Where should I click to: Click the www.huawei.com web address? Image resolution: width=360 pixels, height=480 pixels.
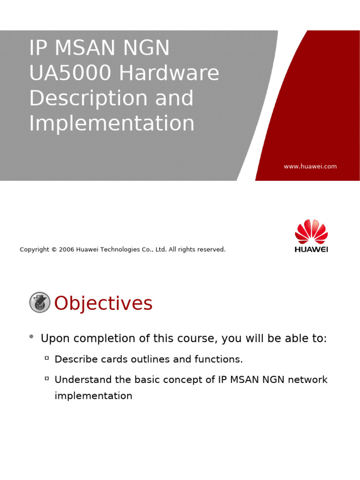click(x=310, y=166)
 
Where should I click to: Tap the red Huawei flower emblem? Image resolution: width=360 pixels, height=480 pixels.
click(x=311, y=232)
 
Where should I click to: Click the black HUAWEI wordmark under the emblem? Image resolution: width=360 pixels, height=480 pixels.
click(x=311, y=249)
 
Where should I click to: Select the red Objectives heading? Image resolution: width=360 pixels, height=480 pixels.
click(x=103, y=303)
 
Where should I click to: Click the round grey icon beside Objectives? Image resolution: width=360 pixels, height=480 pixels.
click(x=40, y=302)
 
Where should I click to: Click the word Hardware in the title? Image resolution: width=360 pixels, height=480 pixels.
click(x=169, y=73)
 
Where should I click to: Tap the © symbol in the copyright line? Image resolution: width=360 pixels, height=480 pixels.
click(x=54, y=249)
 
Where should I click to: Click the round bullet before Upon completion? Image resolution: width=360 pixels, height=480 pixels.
click(x=31, y=337)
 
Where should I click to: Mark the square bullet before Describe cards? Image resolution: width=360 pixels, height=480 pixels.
click(x=47, y=358)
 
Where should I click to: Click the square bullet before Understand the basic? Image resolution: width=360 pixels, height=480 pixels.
click(x=47, y=378)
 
